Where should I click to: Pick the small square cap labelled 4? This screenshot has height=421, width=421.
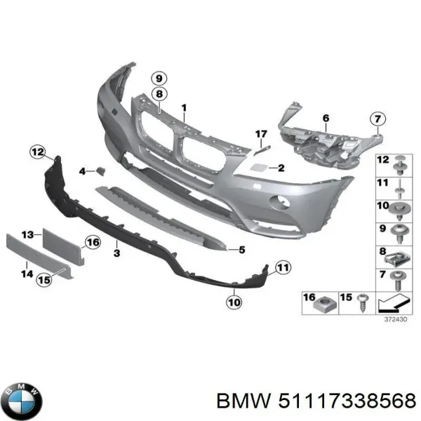tap(100, 171)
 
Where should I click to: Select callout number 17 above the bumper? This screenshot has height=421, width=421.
tap(261, 133)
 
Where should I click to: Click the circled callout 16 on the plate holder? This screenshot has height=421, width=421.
tap(93, 243)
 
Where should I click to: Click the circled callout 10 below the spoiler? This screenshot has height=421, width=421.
tap(234, 302)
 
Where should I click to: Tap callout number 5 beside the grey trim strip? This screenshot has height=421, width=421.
tap(241, 249)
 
